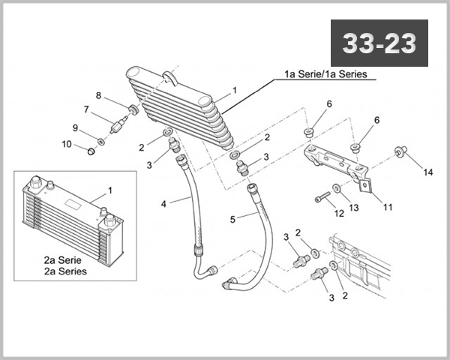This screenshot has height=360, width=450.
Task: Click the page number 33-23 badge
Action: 379,44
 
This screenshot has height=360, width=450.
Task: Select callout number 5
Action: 233,219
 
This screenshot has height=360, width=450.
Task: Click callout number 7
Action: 87,109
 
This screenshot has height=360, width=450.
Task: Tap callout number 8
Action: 98,95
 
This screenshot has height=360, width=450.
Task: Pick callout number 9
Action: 75,127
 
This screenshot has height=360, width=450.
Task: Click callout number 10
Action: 67,143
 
